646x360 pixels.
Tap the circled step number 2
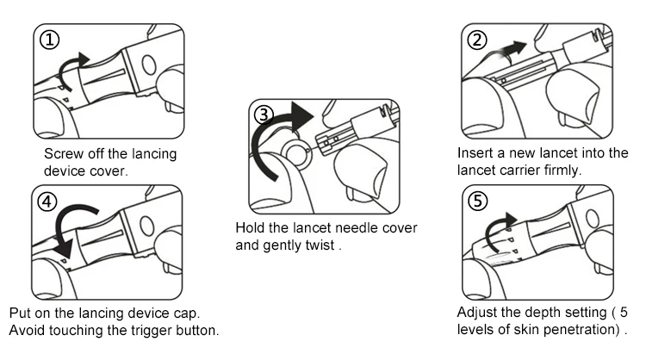[x=476, y=40]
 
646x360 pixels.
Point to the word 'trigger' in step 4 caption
[x=149, y=331]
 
